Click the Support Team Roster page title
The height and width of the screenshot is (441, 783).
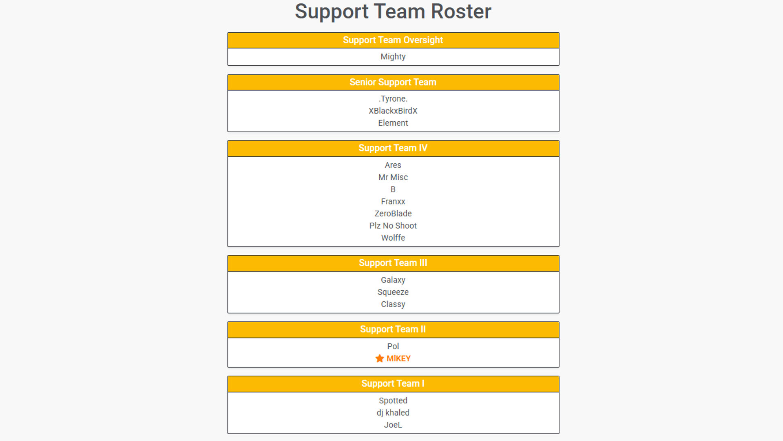(393, 11)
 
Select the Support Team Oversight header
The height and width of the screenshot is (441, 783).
(393, 40)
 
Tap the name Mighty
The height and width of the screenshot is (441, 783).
(393, 57)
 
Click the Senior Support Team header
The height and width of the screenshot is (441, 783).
(393, 82)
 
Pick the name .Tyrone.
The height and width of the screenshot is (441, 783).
(393, 99)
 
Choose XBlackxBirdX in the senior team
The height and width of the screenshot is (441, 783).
(393, 111)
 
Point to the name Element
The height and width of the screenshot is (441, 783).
(393, 123)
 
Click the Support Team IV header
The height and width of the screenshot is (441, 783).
(393, 148)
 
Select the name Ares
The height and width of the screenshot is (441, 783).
(393, 165)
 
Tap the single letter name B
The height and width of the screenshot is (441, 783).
(393, 189)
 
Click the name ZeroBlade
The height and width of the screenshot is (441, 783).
(393, 214)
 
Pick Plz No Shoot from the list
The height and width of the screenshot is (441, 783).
(393, 226)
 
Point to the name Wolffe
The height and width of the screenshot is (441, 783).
(393, 238)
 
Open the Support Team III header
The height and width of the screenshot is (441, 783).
(393, 263)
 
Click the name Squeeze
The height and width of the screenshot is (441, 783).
(393, 292)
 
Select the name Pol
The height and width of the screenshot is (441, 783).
(393, 346)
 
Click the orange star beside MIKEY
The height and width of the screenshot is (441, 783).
(380, 359)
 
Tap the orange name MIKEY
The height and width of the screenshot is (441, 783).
(398, 359)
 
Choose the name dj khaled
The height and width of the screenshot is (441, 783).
(393, 413)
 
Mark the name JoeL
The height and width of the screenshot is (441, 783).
(393, 425)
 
